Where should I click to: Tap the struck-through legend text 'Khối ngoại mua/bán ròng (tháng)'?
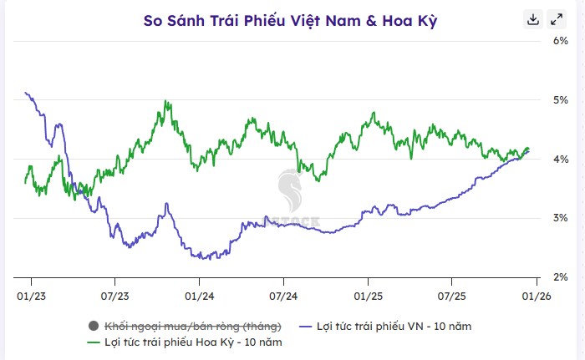(192, 325)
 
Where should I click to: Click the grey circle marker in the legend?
(92, 325)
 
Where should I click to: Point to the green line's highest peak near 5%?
(166, 102)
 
